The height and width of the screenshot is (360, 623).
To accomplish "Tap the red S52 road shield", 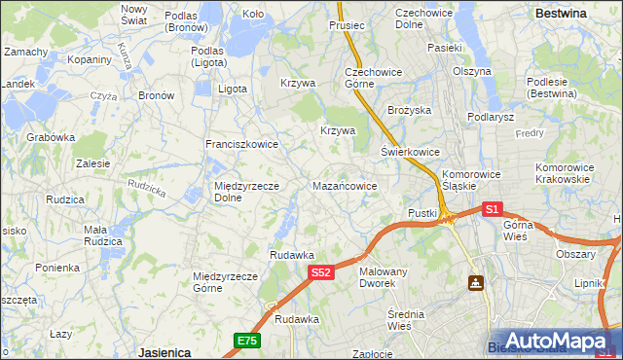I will pos(323,274).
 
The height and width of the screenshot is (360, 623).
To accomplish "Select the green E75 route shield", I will pos(246,341).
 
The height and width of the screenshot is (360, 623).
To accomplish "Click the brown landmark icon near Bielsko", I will pos(476,282).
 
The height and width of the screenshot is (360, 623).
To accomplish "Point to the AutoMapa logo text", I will pos(560,342).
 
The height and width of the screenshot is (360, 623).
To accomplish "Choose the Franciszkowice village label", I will pos(241,144).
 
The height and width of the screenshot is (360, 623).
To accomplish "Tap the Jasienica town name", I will pos(164,352).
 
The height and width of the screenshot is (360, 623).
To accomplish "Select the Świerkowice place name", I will pos(410,152).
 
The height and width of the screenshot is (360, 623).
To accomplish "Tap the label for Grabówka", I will pos(51,137).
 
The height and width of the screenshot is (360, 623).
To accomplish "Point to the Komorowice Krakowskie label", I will pos(563,173).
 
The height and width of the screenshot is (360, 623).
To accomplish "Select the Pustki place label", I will pos(422,212).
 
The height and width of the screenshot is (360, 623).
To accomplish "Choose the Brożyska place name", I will pos(409,111).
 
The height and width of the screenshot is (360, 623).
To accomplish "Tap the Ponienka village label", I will pos(56,268).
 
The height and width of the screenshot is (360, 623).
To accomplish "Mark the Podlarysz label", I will pos(490,117).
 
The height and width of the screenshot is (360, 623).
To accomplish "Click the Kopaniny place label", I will pos(90,59).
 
